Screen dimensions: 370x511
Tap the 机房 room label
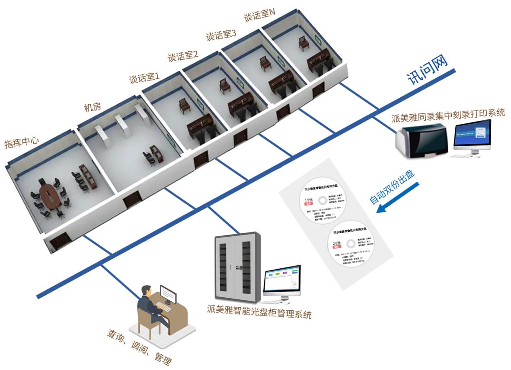point(92,107)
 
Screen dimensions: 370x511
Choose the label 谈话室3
point(220,35)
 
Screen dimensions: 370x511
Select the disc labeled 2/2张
point(349,248)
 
